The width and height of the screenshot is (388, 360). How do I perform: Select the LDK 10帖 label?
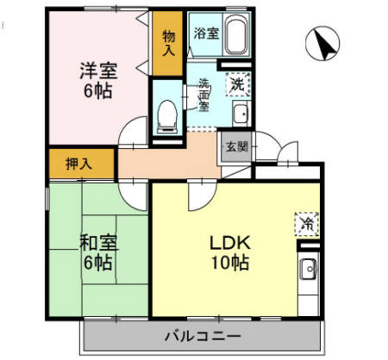(228, 251)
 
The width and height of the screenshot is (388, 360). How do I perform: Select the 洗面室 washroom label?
(204, 95)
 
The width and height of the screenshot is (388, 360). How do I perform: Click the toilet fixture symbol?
(168, 112)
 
